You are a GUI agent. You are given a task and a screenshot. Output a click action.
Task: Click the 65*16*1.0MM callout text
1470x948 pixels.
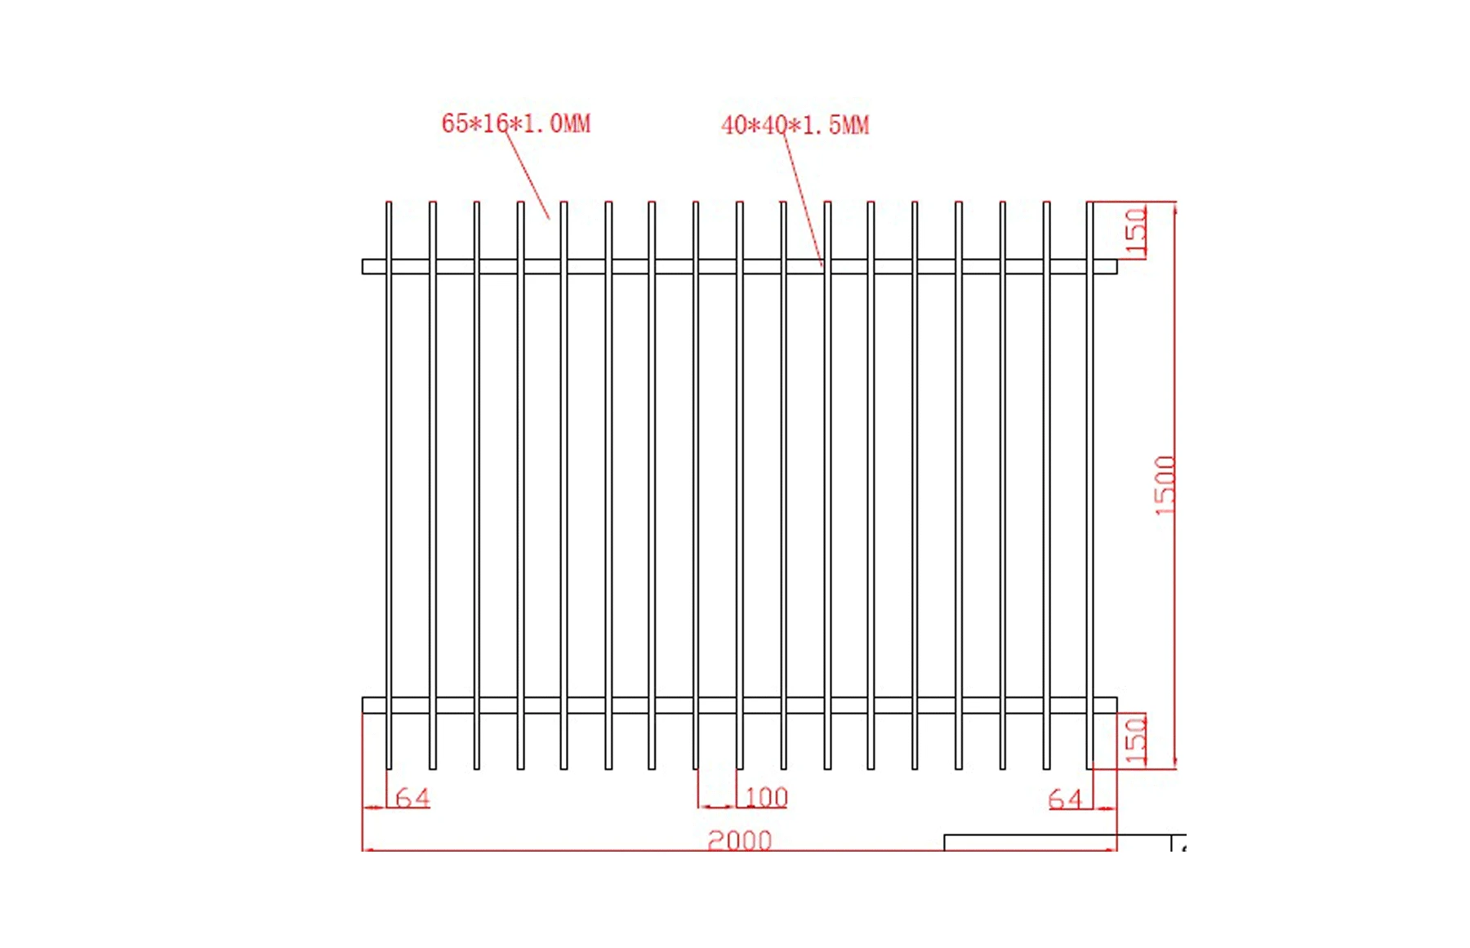(515, 123)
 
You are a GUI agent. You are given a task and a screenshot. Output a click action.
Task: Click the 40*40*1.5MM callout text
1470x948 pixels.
(795, 125)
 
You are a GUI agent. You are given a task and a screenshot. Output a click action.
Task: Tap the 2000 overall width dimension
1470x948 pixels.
(739, 839)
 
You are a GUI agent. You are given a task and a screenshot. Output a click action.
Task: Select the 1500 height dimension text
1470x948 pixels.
(1165, 485)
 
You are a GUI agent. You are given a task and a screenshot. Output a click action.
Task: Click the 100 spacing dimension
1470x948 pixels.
(766, 797)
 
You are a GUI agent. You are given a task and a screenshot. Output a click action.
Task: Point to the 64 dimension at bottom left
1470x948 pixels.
(412, 798)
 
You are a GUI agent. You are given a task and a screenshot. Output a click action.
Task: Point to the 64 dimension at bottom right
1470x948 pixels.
(1065, 799)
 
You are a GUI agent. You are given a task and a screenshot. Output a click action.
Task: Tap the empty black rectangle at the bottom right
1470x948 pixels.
(1058, 843)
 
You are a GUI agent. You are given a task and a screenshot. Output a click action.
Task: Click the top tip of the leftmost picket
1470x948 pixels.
(389, 203)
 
